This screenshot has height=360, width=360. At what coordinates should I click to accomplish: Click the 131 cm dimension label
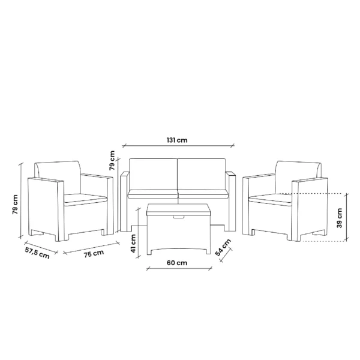point(177,140)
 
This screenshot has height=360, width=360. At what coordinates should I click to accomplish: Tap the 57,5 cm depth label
point(37,253)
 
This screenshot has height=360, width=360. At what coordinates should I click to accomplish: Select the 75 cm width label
point(94,253)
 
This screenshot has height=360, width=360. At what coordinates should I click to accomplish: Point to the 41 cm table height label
point(133,244)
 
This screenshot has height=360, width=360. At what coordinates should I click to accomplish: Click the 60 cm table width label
point(177,263)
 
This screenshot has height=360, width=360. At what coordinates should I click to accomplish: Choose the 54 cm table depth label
point(223,247)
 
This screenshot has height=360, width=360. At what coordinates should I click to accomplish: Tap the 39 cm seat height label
point(340,218)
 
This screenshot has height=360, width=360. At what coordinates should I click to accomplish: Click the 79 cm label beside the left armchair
point(15,205)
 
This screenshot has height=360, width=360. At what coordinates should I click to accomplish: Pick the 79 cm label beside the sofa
point(112,160)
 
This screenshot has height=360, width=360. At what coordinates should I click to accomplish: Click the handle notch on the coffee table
point(179,217)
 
